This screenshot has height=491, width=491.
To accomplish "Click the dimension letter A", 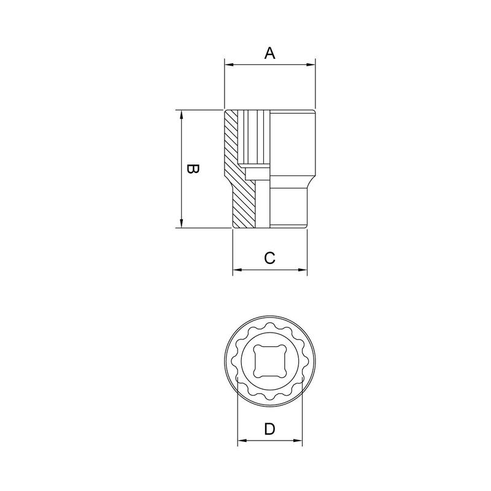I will click(x=269, y=53).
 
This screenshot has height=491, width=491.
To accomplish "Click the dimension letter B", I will click(x=191, y=169).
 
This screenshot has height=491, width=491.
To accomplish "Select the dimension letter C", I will click(x=269, y=258).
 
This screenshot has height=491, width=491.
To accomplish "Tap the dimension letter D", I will click(x=269, y=429).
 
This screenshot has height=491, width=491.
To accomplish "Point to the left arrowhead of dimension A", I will click(x=228, y=63).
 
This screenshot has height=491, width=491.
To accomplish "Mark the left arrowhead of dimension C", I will click(x=236, y=269).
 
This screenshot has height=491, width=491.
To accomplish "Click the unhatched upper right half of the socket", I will click(x=292, y=141).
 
